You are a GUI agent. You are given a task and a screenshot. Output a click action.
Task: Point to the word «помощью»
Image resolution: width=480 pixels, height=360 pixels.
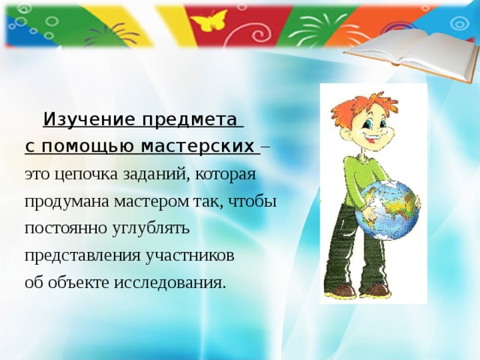(88, 145)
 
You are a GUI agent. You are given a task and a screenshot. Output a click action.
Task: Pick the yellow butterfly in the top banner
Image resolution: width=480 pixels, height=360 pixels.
(211, 20)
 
